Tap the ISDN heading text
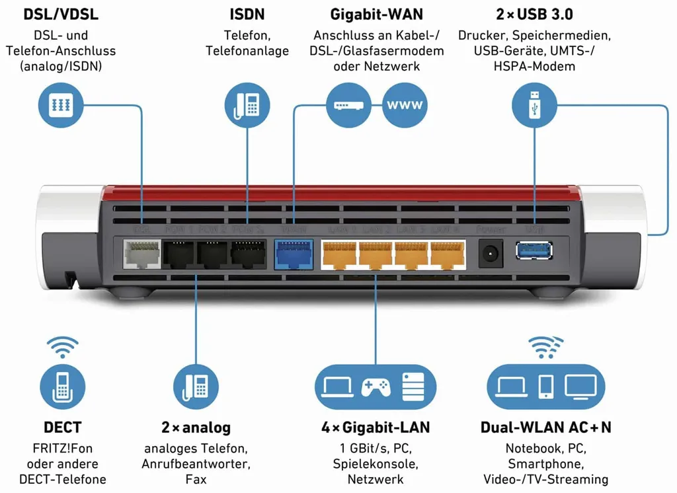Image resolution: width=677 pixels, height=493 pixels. point(247,14)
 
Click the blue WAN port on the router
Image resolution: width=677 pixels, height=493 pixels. point(292,254)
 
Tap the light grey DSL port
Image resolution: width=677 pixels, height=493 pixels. point(141,254)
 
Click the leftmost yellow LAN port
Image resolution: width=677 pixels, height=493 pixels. point(338,254)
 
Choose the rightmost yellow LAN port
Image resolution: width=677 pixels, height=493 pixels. point(447,254)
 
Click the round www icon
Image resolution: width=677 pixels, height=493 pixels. point(405,105)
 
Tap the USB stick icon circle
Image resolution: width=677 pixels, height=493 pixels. point(534,105)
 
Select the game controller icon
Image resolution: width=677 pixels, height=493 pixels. point(376,387)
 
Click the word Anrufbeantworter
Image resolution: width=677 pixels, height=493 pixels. point(195,463)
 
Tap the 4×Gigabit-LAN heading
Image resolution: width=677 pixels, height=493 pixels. point(376,428)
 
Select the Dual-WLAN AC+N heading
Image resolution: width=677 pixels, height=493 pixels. point(545,428)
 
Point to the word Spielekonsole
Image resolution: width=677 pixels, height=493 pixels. point(376,463)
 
